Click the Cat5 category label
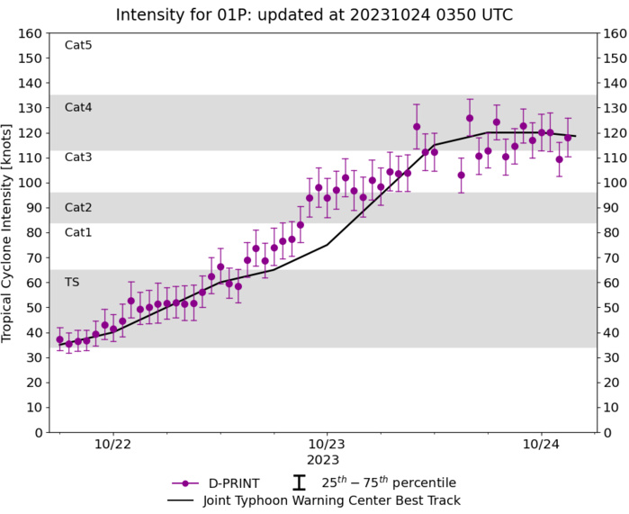78,45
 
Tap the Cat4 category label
78,107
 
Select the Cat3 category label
78,157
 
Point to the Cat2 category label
78,207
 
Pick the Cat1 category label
78,232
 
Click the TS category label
72,282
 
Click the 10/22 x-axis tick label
112,445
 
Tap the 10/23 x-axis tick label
327,445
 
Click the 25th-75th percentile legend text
389,483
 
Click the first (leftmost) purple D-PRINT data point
59,340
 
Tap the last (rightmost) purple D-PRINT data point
568,138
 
